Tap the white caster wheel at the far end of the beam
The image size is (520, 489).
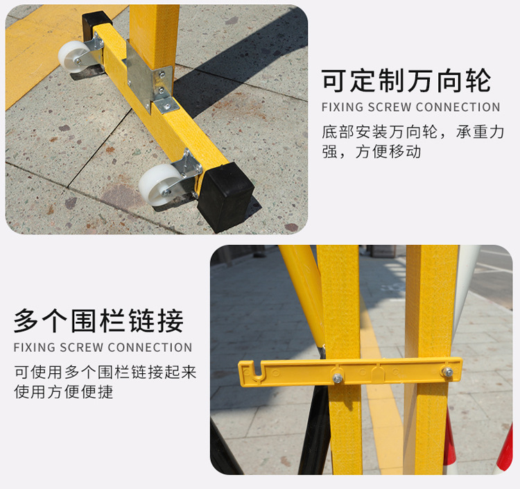(73, 57)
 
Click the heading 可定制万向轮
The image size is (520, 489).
(406, 80)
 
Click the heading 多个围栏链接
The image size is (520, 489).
(99, 320)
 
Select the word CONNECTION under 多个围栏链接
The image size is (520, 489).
(150, 348)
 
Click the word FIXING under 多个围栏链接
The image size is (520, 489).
(34, 348)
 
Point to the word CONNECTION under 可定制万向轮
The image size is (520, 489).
(458, 107)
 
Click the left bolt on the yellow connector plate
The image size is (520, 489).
(338, 377)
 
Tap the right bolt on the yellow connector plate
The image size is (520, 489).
(448, 372)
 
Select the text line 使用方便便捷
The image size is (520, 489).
(64, 392)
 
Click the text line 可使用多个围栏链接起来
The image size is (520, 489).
(105, 372)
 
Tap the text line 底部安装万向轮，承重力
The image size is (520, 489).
(413, 132)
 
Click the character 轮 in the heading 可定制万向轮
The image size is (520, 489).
(478, 80)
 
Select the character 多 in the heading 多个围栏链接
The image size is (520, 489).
(26, 320)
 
